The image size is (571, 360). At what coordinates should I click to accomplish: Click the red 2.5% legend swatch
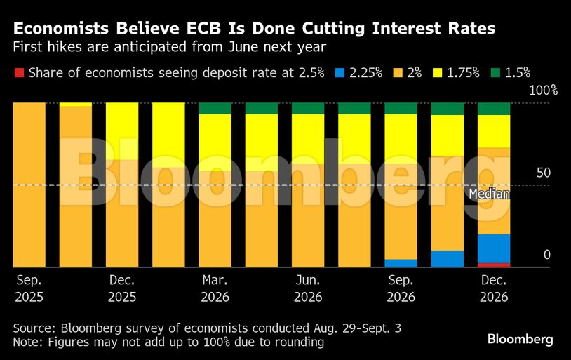pyautogui.click(x=18, y=72)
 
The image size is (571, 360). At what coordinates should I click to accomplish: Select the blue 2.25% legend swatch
pyautogui.click(x=340, y=72)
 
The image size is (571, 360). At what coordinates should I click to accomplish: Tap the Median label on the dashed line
pyautogui.click(x=489, y=194)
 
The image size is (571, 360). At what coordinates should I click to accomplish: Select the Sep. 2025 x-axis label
pyautogui.click(x=29, y=288)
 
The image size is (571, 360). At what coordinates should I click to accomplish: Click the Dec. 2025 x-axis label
pyautogui.click(x=122, y=288)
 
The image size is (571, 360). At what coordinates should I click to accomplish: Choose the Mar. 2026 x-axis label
pyautogui.click(x=215, y=288)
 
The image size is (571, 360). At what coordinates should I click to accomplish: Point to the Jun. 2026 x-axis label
pyautogui.click(x=307, y=288)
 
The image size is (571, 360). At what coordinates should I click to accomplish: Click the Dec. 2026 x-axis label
pyautogui.click(x=494, y=288)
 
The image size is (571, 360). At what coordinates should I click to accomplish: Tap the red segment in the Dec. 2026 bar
pyautogui.click(x=494, y=265)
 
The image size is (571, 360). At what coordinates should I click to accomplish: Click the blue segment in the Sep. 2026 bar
pyautogui.click(x=401, y=263)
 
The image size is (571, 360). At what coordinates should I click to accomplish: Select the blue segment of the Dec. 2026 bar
pyautogui.click(x=494, y=248)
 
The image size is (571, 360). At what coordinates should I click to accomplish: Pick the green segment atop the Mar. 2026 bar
pyautogui.click(x=215, y=108)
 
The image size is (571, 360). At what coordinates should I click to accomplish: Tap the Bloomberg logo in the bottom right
pyautogui.click(x=520, y=339)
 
